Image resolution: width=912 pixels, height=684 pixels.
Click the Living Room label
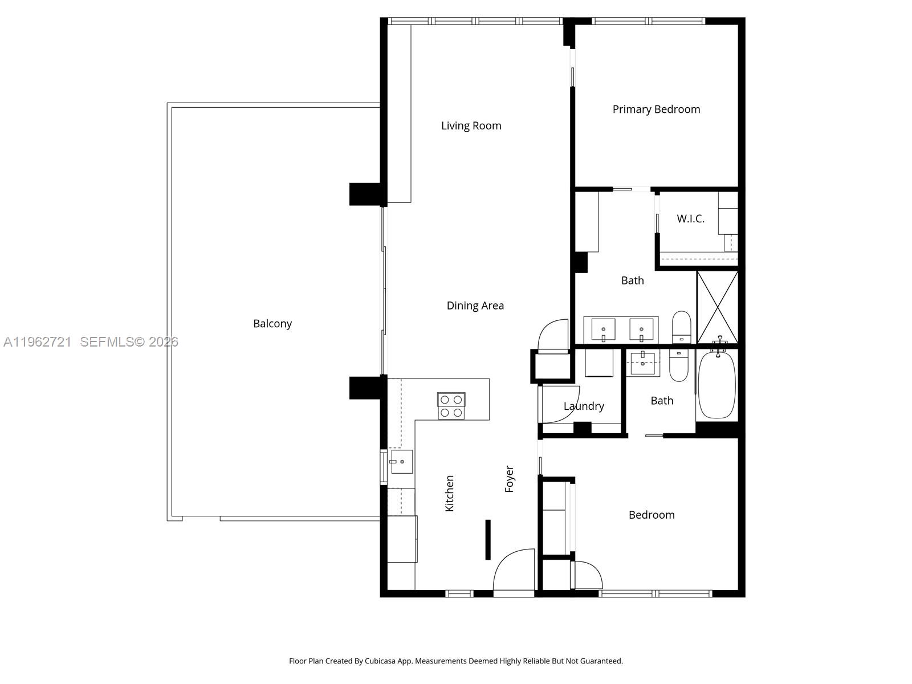(471, 125)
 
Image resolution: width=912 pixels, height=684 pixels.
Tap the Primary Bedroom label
(656, 109)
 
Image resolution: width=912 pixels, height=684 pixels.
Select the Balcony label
(272, 324)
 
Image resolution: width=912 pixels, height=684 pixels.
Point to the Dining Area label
(475, 306)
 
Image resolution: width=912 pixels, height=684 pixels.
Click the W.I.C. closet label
(690, 219)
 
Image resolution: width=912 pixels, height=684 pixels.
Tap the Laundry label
(584, 406)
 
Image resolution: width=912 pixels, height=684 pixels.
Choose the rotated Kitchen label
(449, 494)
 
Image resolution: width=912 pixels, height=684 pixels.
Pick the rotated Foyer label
(510, 479)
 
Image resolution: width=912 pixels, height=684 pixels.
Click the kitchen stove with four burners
(451, 406)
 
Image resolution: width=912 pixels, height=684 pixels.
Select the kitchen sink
(402, 461)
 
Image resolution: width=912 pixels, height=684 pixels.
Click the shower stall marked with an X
(718, 307)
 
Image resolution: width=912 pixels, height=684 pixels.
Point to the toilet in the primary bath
(681, 327)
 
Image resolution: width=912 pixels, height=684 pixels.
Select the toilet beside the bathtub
(679, 365)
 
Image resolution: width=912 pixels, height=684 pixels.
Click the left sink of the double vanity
(603, 330)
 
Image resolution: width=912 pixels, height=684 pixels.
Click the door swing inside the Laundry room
(561, 405)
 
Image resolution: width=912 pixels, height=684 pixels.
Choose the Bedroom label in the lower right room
(652, 515)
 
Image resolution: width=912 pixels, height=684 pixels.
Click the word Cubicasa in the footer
(380, 661)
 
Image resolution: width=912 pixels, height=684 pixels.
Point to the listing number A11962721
(38, 342)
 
